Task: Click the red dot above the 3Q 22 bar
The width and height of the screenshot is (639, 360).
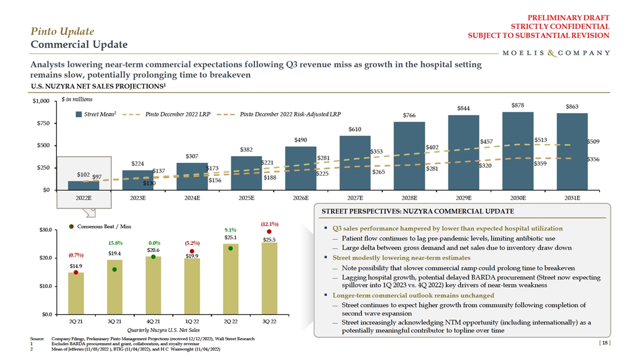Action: pyautogui.click(x=269, y=232)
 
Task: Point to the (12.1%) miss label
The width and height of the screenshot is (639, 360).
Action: pyautogui.click(x=269, y=224)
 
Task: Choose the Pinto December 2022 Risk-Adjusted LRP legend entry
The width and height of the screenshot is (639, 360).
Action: pyautogui.click(x=290, y=114)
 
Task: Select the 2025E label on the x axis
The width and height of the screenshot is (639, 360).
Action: pyautogui.click(x=247, y=198)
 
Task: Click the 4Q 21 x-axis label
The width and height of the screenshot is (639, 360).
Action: pyautogui.click(x=153, y=322)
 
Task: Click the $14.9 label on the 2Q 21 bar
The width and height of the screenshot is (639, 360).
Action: pyautogui.click(x=76, y=265)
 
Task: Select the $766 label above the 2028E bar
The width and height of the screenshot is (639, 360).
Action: pyautogui.click(x=409, y=115)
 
